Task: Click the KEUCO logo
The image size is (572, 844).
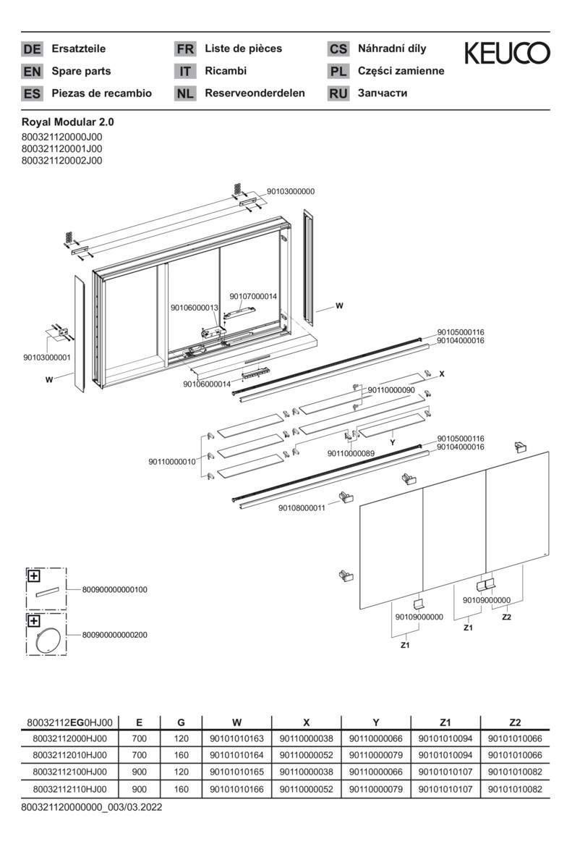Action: click(x=506, y=53)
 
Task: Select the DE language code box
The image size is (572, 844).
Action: click(x=32, y=49)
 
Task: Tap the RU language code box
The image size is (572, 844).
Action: click(x=338, y=93)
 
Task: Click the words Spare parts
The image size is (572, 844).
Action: click(x=81, y=71)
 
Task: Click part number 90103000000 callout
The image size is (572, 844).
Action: click(x=291, y=191)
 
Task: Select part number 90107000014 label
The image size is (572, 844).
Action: click(x=253, y=296)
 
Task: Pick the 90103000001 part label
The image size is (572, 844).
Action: click(x=47, y=358)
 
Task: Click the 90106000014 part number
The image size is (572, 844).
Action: click(x=207, y=384)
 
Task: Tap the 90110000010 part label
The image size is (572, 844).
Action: click(x=172, y=462)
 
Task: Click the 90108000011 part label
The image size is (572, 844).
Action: click(x=302, y=508)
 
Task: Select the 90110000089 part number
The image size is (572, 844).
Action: click(x=351, y=454)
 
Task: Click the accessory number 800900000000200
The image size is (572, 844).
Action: click(x=110, y=635)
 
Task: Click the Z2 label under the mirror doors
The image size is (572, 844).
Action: click(x=506, y=617)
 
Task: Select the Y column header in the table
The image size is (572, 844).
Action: click(x=375, y=722)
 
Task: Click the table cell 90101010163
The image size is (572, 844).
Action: click(x=236, y=739)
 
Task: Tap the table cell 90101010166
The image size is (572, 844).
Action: click(x=236, y=790)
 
